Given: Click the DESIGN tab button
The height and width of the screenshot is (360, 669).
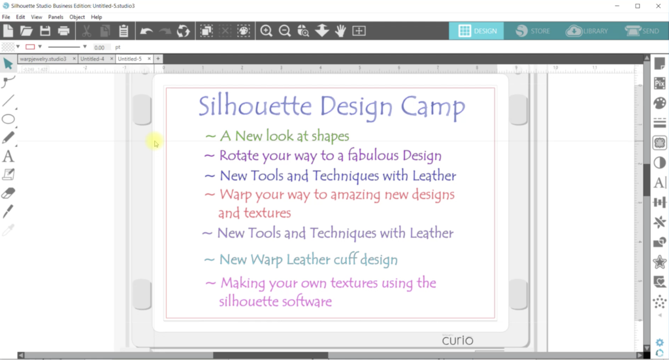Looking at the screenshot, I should point(476,31).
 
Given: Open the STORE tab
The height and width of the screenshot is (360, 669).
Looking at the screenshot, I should point(531,31).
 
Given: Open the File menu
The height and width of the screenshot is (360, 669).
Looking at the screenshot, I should point(7,16).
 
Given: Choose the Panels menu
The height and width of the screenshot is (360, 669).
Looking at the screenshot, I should point(56,16).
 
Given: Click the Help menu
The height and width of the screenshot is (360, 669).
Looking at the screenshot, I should point(97,16).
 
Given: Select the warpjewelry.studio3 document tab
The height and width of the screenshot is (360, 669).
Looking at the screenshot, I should point(43,59).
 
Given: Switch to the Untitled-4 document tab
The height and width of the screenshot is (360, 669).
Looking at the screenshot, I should point(93,59).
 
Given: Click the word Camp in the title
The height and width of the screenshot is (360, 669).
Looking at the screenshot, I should point(432,106).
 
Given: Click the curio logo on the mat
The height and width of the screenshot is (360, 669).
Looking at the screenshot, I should point(457,340).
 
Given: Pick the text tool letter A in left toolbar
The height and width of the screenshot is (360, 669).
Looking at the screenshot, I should point(8,156).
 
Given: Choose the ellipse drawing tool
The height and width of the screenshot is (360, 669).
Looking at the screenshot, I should point(8,119).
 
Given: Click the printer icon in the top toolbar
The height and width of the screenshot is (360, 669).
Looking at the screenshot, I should point(63,31).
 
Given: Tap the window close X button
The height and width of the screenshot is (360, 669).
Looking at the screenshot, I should point(656,6).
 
